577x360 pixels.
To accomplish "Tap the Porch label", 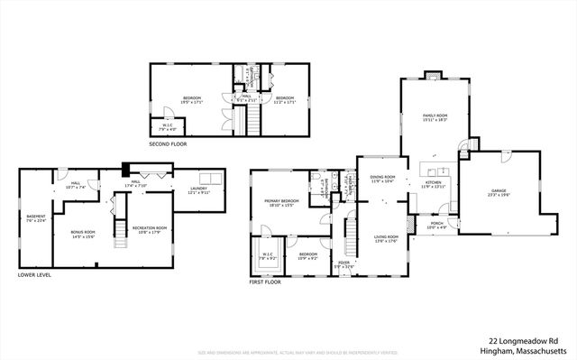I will [435, 225].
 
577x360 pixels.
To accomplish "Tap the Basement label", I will [35, 217].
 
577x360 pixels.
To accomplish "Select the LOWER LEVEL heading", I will [34, 275].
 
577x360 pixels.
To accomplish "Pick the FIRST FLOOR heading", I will [265, 282].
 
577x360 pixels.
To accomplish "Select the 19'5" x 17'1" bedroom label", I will [191, 98].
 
